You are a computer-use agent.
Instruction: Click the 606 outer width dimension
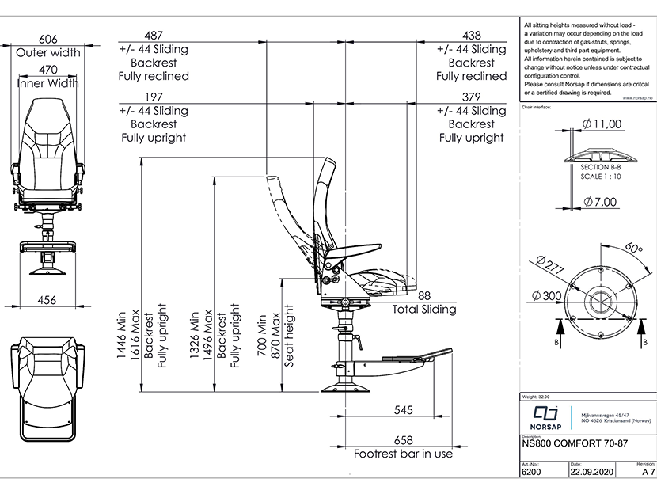coord(48,39)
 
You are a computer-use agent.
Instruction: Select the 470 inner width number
coord(48,70)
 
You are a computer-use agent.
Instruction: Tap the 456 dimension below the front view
coord(47,299)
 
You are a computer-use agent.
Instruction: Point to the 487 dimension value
coord(154,35)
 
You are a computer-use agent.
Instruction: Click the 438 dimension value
coord(471,35)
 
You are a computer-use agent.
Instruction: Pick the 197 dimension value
coord(154,97)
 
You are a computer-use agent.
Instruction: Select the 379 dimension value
coord(471,97)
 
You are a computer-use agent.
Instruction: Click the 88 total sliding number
coord(424,295)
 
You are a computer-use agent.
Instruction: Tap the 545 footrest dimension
coord(404,411)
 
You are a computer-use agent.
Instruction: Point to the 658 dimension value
coord(404,440)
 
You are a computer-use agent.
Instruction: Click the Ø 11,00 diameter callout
coord(602,123)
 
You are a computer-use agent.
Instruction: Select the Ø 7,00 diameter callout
coord(602,201)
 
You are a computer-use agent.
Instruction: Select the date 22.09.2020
coord(591,472)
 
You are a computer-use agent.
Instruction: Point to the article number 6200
coord(533,472)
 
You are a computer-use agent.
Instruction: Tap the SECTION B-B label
coord(601,168)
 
